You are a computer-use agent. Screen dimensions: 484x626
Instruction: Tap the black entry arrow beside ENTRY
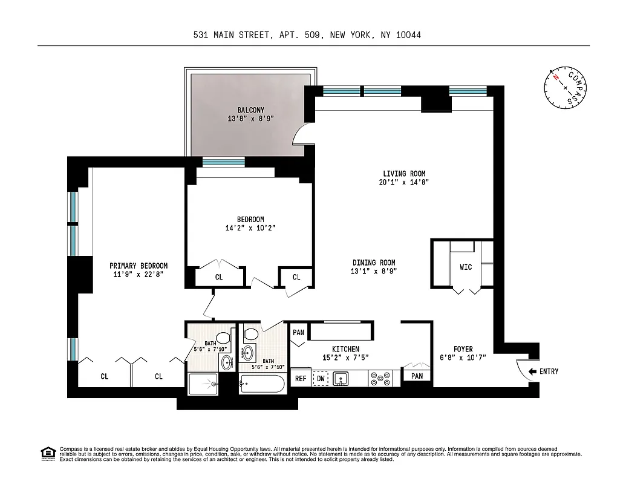(533, 371)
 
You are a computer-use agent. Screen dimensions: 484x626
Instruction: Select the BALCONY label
(250, 110)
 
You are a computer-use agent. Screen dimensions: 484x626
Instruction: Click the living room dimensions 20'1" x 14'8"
(399, 182)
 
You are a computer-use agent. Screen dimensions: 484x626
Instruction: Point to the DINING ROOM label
(374, 263)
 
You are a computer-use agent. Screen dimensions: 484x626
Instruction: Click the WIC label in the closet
(466, 267)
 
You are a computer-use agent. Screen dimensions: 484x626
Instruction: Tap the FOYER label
(463, 349)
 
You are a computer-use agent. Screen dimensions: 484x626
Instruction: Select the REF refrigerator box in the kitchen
(301, 378)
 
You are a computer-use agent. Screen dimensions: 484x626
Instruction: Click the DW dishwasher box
(321, 378)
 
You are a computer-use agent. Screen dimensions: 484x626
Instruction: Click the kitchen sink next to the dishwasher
(342, 378)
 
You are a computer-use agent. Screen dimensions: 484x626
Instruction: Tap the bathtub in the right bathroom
(262, 383)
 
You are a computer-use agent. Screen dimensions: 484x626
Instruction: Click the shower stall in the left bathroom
(203, 383)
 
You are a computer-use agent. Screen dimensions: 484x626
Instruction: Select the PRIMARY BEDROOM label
(139, 266)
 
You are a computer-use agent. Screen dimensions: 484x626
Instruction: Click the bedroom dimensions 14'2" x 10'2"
(250, 228)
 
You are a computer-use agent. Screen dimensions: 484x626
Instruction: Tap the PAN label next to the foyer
(417, 376)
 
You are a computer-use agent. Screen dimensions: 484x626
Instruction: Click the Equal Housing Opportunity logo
(47, 453)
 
